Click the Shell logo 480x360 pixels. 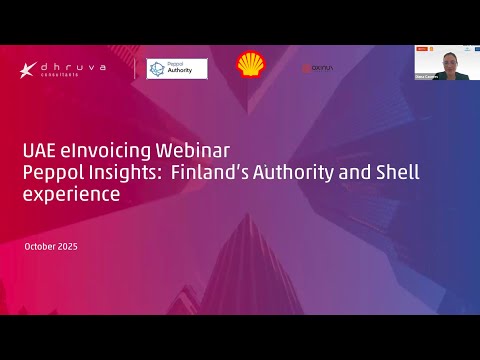pyautogui.click(x=251, y=66)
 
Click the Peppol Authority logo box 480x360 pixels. pyautogui.click(x=177, y=68)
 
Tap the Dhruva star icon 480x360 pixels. pyautogui.click(x=28, y=69)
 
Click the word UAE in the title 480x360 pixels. pyautogui.click(x=39, y=151)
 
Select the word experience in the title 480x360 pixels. pyautogui.click(x=71, y=194)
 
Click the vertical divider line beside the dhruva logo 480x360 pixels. pyautogui.click(x=135, y=68)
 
